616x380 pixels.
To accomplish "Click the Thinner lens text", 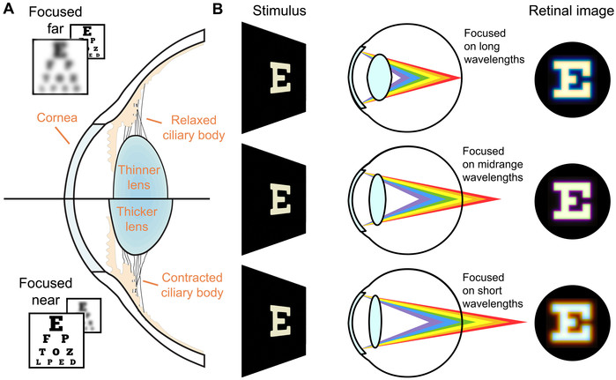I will [x=140, y=174].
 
